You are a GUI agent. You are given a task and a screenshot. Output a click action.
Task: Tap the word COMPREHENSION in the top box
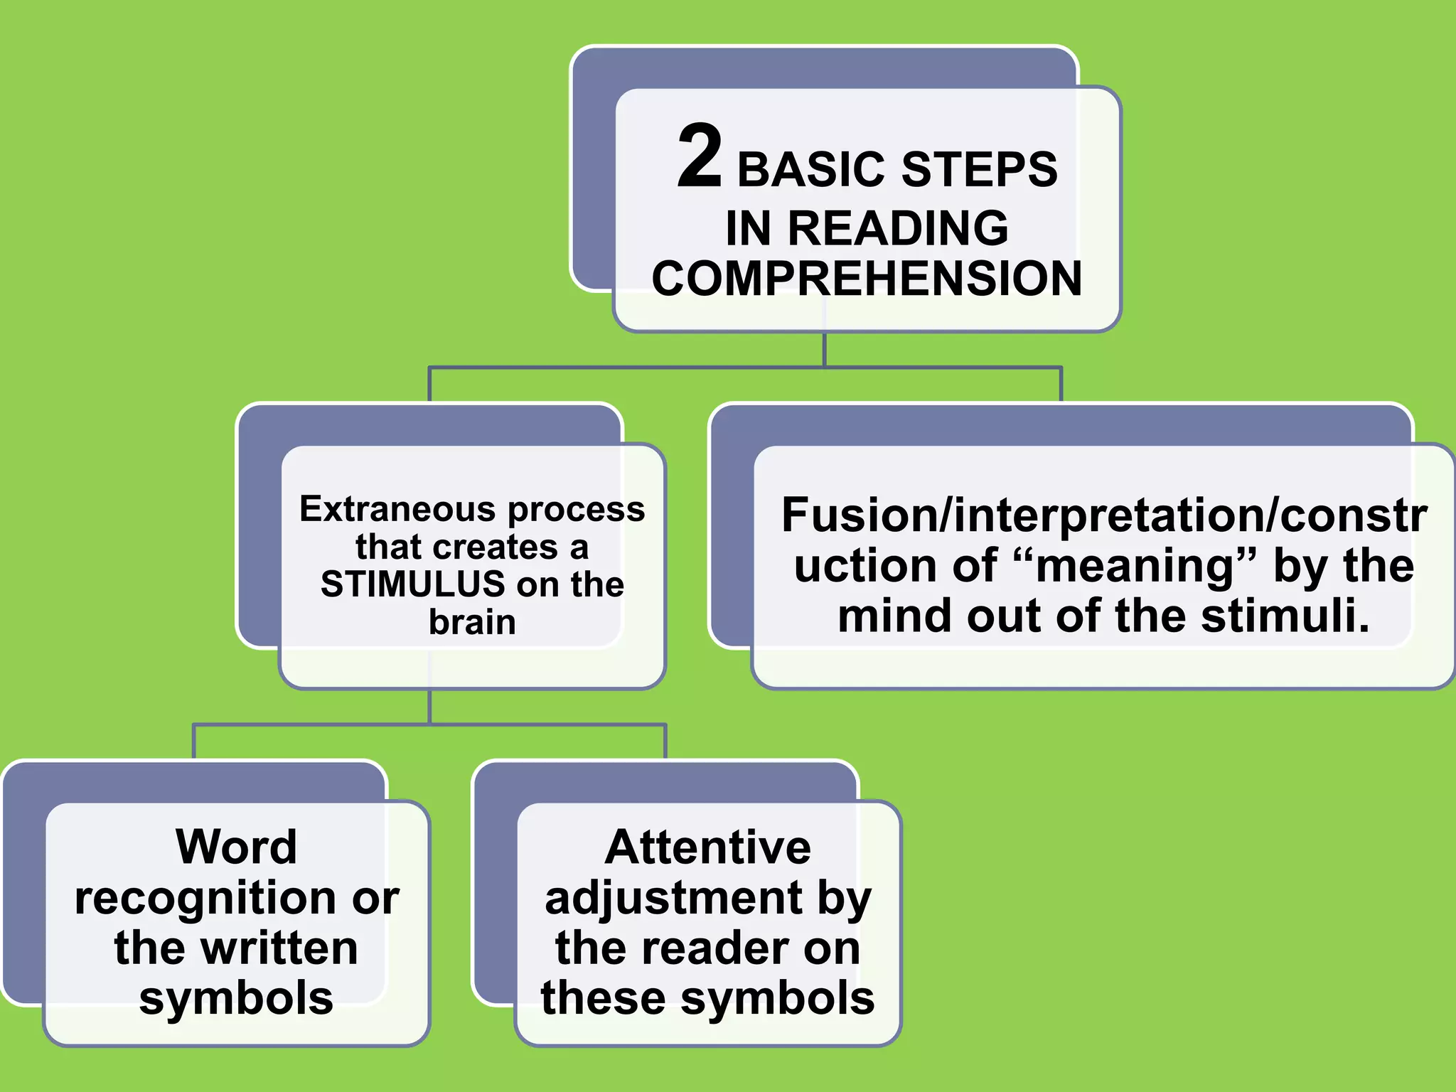pos(867,278)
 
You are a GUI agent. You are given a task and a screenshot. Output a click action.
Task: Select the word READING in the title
pos(899,228)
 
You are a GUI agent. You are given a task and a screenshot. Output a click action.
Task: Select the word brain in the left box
pos(472,622)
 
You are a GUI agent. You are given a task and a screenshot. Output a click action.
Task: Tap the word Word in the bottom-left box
pos(236,847)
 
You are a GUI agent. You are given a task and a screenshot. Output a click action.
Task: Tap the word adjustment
pos(674,898)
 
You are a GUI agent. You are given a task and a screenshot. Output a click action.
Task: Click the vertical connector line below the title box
pos(824,349)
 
